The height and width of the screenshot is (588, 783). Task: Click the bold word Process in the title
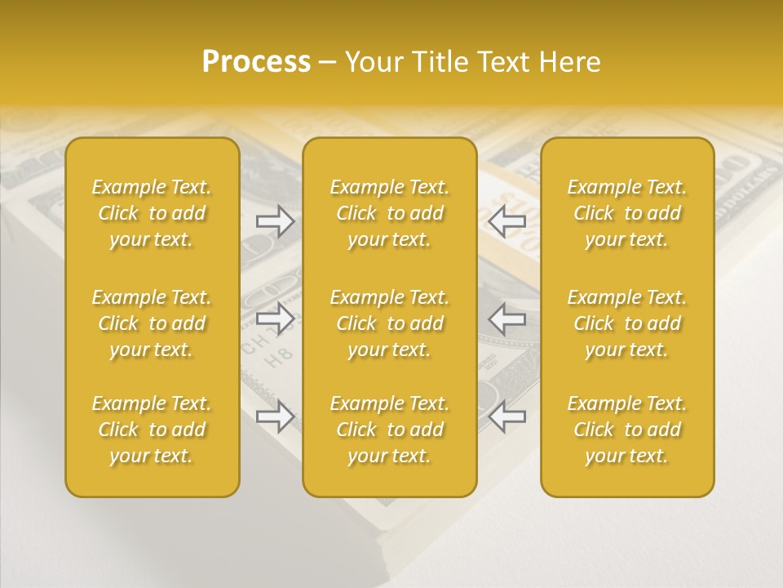tap(256, 62)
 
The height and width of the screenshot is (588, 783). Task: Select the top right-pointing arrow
tap(275, 220)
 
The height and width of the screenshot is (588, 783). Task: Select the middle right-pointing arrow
tap(275, 318)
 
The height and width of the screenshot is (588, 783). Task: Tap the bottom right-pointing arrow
tap(275, 416)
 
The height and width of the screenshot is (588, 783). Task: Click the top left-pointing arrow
tap(507, 220)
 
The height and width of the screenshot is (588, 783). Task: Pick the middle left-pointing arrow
tap(507, 318)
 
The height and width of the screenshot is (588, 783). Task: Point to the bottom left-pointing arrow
tap(507, 416)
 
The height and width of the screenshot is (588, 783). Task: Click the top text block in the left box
tap(152, 213)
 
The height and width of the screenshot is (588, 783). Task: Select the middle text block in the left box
tap(152, 323)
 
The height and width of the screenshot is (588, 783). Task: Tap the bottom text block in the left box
tap(152, 430)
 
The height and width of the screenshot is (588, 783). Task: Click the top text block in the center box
tap(389, 213)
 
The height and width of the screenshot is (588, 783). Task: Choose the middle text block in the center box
tap(389, 323)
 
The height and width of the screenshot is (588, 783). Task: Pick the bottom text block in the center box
tap(389, 430)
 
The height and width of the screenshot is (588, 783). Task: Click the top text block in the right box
tap(626, 213)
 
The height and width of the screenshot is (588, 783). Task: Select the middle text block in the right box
tap(626, 323)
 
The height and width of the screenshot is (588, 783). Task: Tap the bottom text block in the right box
tap(626, 430)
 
